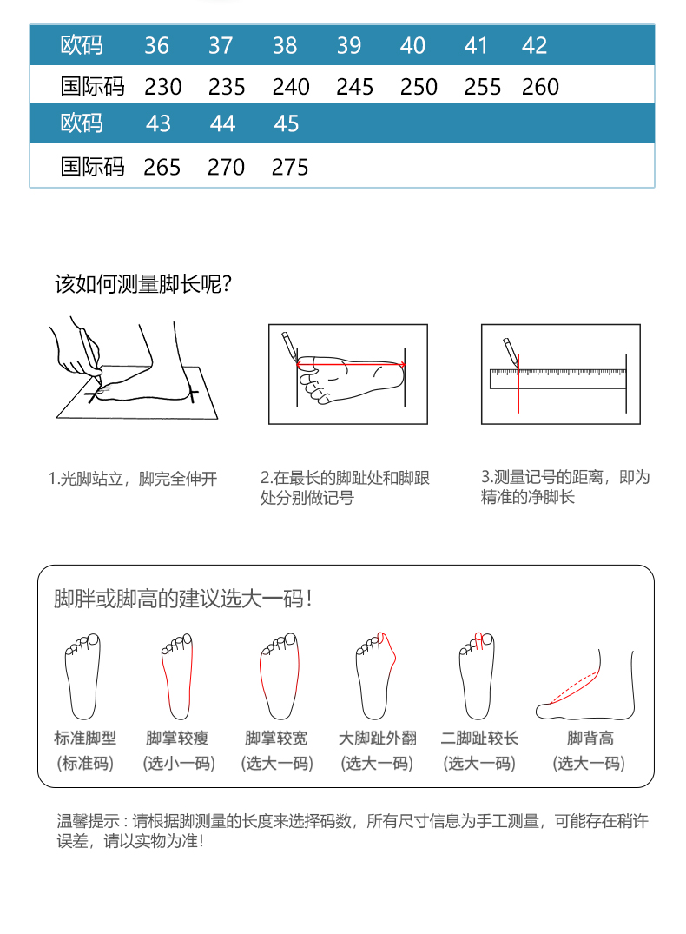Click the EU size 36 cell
point(156,46)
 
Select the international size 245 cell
point(355,87)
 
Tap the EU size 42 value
point(534,46)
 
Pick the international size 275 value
point(290,168)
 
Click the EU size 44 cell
point(222,124)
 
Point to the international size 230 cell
point(162,87)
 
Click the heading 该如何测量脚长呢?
point(143,284)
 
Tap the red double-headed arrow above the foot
point(351,364)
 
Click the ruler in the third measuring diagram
point(558,379)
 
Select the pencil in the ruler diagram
point(511,351)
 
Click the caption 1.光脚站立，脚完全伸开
point(133,479)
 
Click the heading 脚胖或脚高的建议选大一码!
point(183,599)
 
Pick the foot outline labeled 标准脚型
point(82,676)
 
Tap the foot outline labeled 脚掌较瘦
point(177,676)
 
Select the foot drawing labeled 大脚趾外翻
point(376,676)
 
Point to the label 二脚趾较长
point(479,739)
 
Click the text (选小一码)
point(179,763)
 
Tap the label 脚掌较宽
point(276,739)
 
